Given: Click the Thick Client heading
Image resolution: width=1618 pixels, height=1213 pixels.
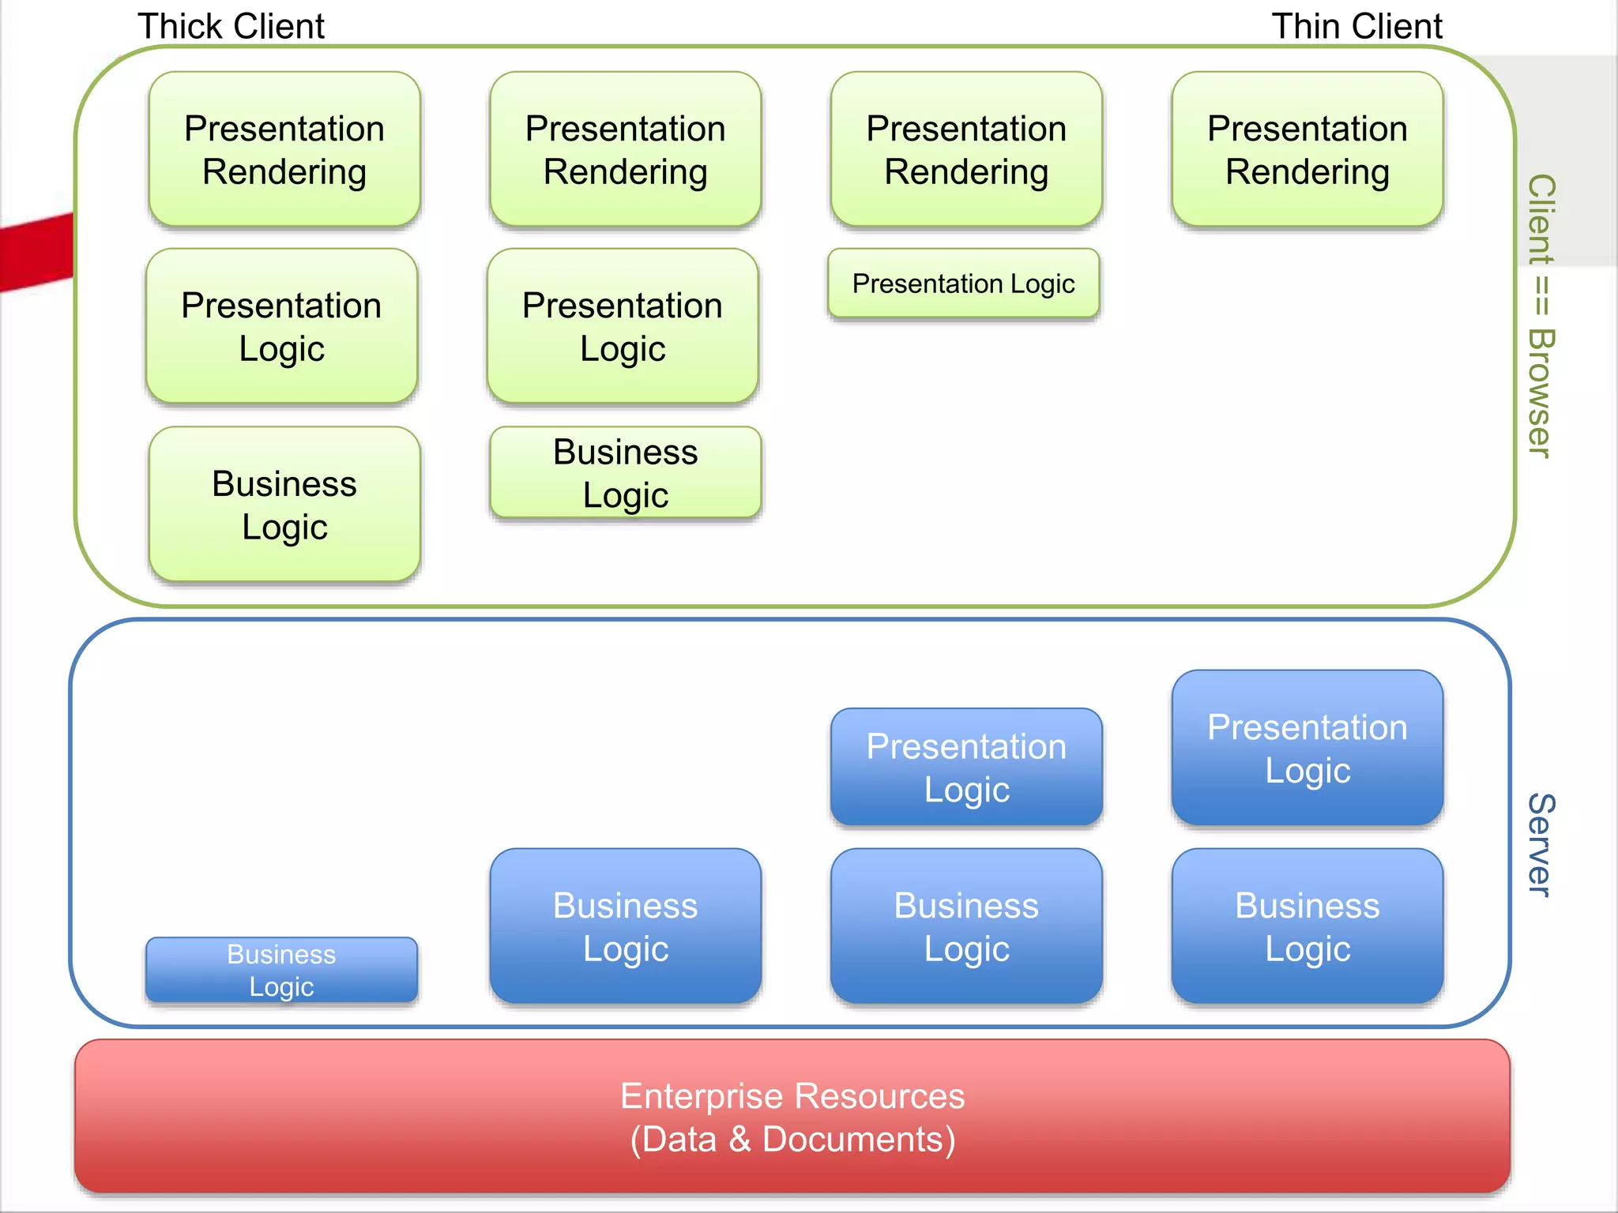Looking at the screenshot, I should tap(231, 26).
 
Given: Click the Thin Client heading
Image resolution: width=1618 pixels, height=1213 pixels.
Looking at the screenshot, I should tap(1356, 26).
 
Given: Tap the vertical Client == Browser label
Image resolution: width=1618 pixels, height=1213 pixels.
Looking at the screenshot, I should tap(1541, 316).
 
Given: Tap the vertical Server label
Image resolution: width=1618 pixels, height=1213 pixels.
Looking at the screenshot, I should tap(1541, 845).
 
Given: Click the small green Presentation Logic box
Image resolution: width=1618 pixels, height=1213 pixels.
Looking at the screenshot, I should tap(963, 284).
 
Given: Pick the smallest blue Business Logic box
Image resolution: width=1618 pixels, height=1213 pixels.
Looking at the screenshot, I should tap(281, 970).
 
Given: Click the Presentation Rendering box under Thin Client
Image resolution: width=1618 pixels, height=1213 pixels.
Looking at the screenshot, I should tap(1308, 149).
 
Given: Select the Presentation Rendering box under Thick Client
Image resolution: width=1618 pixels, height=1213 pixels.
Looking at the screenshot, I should tap(284, 149).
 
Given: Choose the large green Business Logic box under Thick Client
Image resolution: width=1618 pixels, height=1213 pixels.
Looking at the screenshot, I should tap(284, 505).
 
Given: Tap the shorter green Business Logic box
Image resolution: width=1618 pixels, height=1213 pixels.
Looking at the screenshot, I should tap(625, 472).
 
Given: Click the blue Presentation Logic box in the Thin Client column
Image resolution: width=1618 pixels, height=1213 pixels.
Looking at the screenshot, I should tap(1308, 748).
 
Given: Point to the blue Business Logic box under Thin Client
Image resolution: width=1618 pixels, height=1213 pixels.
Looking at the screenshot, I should tap(1308, 926).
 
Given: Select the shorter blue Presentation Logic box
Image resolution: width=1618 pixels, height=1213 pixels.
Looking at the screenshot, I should tap(966, 767).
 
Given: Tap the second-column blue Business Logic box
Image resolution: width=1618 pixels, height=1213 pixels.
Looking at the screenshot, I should tap(625, 926).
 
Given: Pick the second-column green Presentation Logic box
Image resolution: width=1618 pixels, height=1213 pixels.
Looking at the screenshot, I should tap(623, 326).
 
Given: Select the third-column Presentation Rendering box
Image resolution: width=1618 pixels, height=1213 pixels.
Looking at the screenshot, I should tap(966, 149).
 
